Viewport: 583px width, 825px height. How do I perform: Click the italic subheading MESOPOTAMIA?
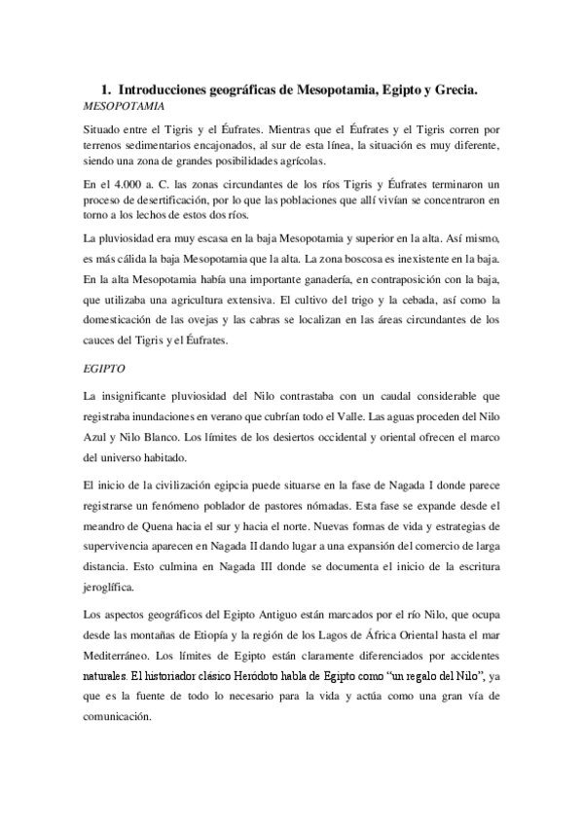124,104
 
